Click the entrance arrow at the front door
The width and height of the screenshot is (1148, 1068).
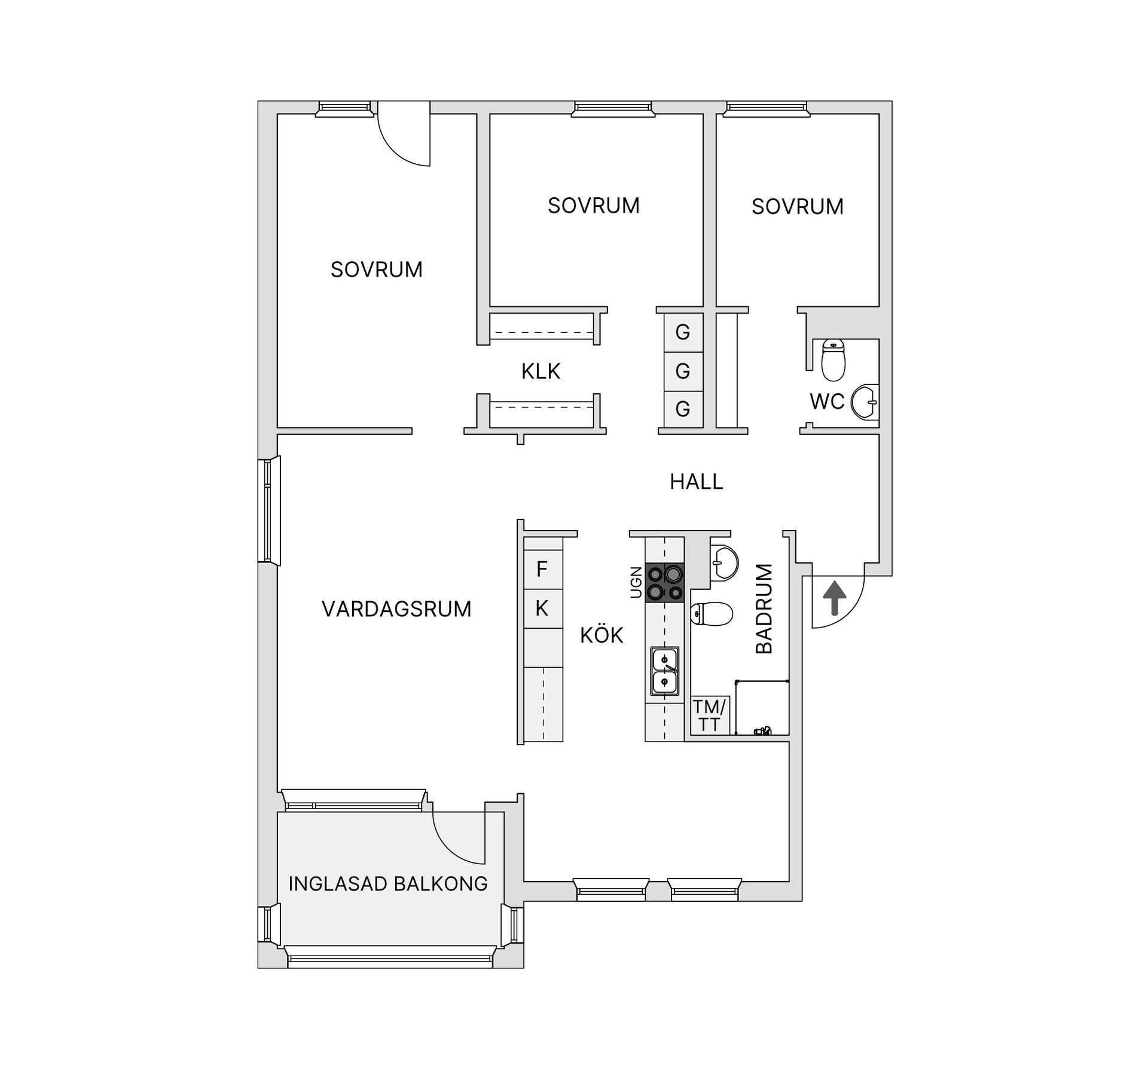pos(835,598)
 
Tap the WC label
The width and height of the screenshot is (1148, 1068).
pos(827,402)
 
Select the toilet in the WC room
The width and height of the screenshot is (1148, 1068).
pos(833,360)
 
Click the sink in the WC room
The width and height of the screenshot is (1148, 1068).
pos(865,402)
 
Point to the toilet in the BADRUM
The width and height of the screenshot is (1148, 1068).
pos(712,614)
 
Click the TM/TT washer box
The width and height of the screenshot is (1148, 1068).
pos(709,716)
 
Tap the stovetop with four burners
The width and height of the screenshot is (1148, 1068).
pos(664,582)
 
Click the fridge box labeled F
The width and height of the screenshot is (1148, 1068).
pos(542,569)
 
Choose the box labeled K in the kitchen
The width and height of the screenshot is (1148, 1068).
pos(542,608)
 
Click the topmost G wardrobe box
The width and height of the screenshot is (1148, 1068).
pos(683,332)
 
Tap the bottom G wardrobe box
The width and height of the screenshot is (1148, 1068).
pos(683,409)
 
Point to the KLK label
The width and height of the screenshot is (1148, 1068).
pos(541,372)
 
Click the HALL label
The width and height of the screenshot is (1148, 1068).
pos(696,482)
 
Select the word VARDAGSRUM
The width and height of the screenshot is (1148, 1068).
pos(396,609)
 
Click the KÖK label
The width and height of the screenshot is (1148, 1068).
pos(602,635)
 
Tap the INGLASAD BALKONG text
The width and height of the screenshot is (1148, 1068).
pos(388,884)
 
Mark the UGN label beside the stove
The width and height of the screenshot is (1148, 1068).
pos(636,582)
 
